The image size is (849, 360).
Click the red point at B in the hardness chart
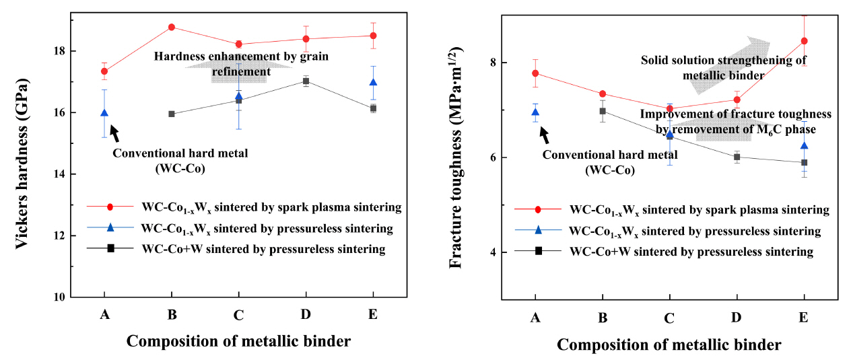pos(172,27)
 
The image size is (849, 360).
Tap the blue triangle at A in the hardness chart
pos(104,113)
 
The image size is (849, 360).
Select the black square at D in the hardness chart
pos(306,81)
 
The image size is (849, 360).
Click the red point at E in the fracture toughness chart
pos(804,41)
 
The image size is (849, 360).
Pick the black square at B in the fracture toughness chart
pos(603,111)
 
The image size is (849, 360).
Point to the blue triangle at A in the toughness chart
pos(535,112)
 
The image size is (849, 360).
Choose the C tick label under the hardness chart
pos(238,314)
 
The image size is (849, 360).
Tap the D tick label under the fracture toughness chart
pos(737,318)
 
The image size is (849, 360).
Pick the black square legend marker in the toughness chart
pos(539,251)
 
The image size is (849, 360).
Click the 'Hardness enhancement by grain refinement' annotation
pos(240,64)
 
